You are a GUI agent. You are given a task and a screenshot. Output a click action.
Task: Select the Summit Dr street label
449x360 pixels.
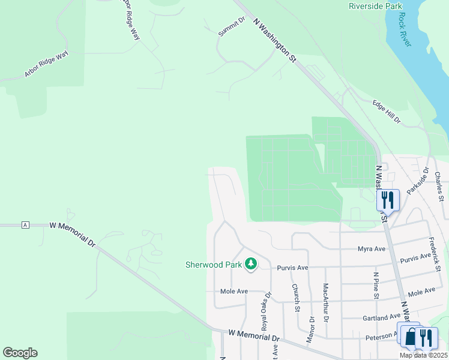coord(232,27)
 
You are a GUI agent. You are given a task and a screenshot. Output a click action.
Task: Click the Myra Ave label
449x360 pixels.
coord(371,248)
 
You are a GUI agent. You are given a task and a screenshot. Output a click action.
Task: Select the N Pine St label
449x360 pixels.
coord(376,285)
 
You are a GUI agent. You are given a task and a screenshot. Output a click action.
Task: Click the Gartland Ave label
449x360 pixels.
coord(381,317)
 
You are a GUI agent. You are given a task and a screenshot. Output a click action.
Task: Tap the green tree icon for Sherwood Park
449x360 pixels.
coord(251,264)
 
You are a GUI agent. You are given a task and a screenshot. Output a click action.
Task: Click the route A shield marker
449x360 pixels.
coord(25,225)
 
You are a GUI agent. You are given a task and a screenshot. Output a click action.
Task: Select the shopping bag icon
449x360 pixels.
coord(411,337)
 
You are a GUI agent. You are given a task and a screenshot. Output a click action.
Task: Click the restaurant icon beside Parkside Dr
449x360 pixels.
coord(387,200)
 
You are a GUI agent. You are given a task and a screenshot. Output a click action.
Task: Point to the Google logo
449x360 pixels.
coord(20,353)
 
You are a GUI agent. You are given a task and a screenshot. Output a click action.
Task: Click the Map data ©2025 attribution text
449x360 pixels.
coord(423,355)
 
